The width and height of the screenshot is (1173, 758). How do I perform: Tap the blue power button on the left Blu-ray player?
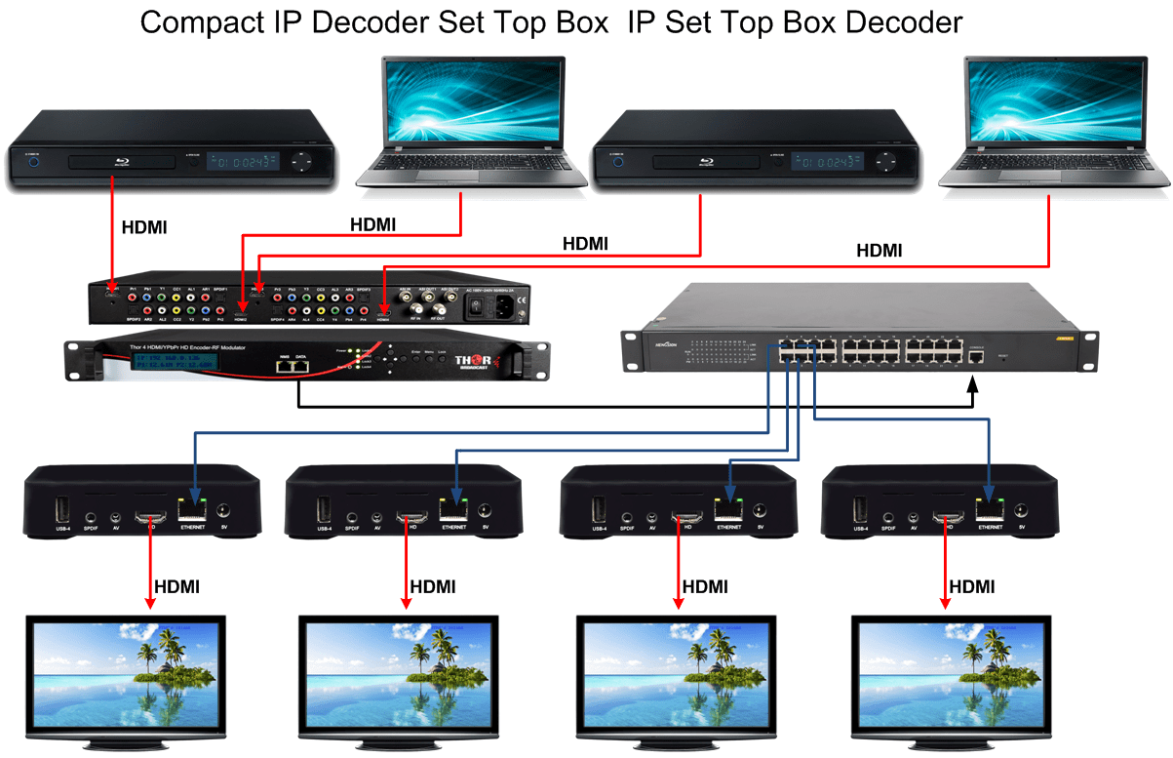[x=34, y=162]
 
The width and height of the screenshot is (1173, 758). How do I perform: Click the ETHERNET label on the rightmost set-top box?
[x=991, y=527]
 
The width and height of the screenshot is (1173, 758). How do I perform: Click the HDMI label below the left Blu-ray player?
[x=143, y=227]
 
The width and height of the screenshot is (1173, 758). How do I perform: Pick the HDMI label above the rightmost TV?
[x=972, y=586]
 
